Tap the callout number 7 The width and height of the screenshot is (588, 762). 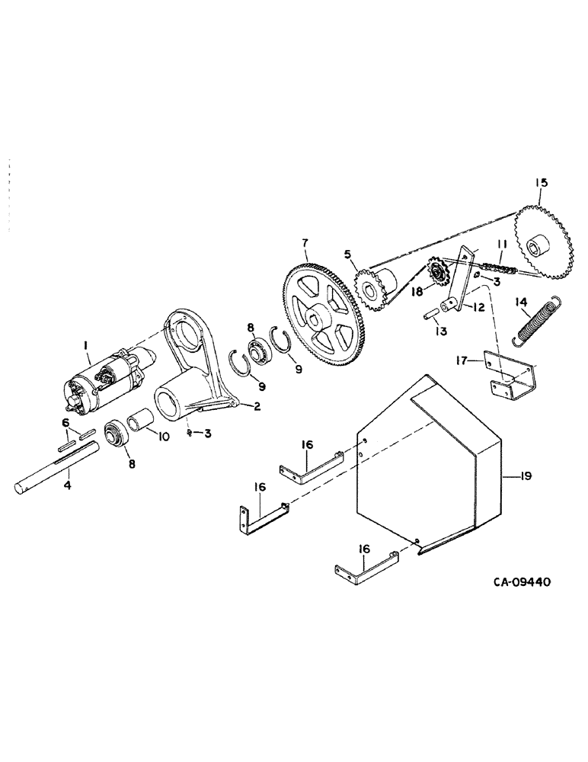(x=305, y=243)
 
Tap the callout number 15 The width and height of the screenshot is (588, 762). (x=539, y=183)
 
